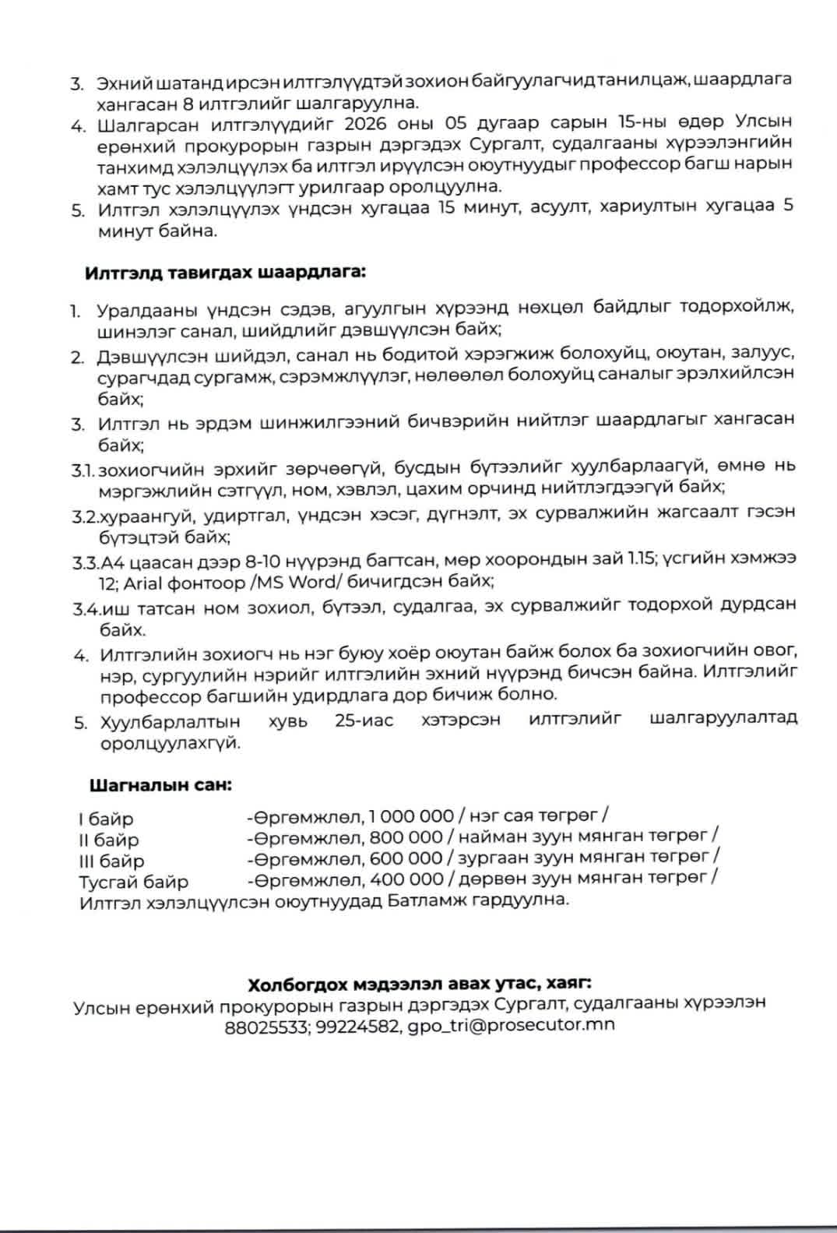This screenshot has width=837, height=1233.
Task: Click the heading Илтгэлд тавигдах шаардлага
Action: (x=225, y=273)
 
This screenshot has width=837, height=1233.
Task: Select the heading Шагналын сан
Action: (x=160, y=784)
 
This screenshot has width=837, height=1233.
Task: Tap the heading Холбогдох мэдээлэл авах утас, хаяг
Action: (x=420, y=984)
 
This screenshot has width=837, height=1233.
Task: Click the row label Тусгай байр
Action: (x=133, y=882)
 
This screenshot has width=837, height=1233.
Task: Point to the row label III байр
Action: (x=111, y=861)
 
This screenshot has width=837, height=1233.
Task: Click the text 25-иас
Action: (x=364, y=720)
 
